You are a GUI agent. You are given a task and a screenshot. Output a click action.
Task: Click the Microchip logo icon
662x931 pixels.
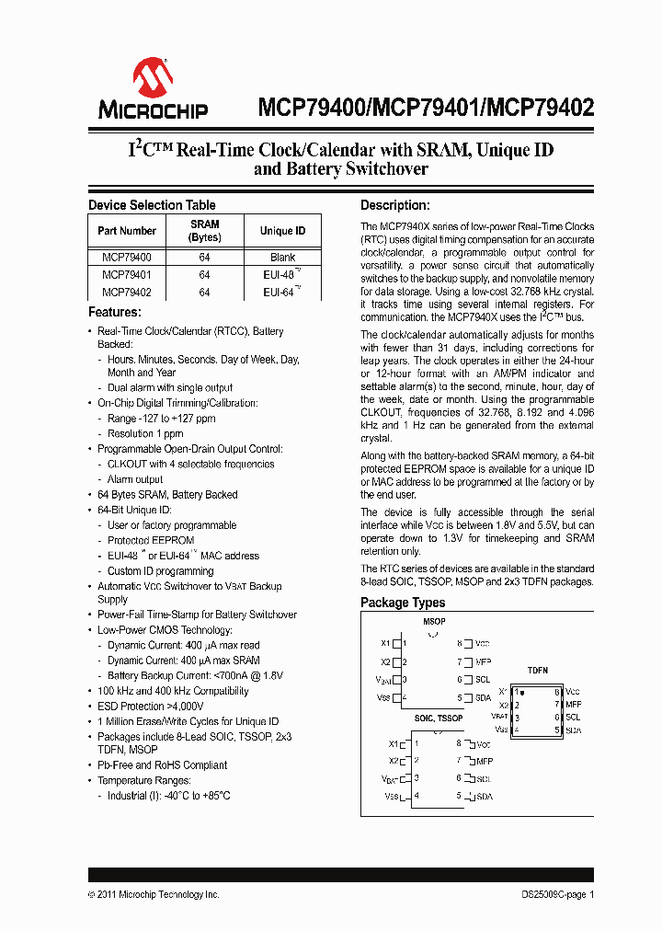pos(153,78)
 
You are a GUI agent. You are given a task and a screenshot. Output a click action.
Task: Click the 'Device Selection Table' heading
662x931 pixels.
pos(152,205)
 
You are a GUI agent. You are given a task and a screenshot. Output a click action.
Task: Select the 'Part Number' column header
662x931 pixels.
pos(127,231)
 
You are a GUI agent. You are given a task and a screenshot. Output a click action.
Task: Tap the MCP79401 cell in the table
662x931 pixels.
pos(127,275)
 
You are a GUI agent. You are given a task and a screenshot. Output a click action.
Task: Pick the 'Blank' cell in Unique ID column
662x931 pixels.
pos(282,259)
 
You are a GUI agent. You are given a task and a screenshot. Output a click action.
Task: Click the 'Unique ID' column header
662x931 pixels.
pos(282,231)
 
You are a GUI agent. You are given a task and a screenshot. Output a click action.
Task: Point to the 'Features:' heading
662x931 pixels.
pos(114,313)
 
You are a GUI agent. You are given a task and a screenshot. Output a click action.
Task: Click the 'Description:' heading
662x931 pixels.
pos(394,205)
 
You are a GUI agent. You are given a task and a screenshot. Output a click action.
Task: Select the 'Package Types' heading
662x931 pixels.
pos(403,603)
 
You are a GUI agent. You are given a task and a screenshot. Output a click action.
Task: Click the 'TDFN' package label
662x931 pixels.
pos(538,671)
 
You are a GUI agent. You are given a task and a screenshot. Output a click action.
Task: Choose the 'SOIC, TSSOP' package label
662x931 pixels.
pos(439,718)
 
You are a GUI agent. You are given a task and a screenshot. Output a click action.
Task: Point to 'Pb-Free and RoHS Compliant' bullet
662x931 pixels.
pos(162,765)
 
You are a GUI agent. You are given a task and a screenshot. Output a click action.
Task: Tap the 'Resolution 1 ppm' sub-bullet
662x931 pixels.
pos(145,433)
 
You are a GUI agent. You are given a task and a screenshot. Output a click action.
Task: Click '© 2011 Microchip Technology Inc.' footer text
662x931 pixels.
pos(154,894)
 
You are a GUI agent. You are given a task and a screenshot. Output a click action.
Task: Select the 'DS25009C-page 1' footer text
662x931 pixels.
pos(552,894)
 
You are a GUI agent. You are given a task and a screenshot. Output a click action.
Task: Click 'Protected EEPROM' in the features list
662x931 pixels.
pos(151,540)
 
